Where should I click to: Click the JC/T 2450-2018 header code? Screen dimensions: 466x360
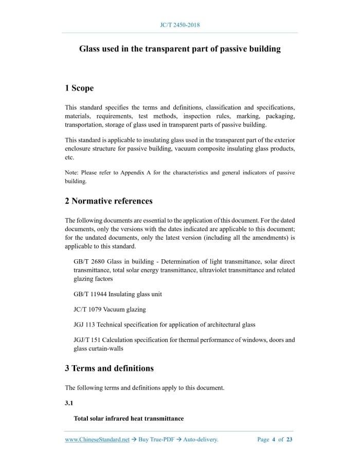coord(179,25)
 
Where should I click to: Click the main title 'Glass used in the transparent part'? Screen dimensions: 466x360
coord(179,49)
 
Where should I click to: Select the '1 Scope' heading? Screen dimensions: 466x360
coord(79,88)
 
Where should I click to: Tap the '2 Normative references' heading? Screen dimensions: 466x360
coord(109,201)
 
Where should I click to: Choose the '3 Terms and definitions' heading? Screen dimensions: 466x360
coord(109,368)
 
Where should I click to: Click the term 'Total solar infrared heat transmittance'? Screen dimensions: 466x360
coord(129,419)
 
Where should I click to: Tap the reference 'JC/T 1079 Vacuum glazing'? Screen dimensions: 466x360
coord(110,310)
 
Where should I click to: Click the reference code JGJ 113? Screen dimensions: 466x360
coord(84,325)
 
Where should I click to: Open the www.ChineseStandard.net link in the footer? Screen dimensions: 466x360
coord(97,440)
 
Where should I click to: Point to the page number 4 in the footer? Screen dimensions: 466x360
coord(274,440)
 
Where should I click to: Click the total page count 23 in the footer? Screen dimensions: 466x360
coord(290,440)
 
